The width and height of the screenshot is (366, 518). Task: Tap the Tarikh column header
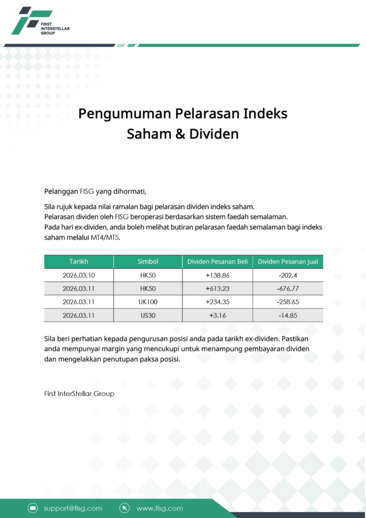[78, 262]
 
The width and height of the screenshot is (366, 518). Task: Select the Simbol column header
[148, 262]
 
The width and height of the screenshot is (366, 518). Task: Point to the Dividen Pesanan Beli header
[217, 262]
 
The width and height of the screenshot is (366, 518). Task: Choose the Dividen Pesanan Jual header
[288, 262]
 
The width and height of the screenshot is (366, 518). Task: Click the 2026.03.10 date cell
[78, 275]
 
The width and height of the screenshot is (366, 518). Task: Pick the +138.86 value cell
[217, 275]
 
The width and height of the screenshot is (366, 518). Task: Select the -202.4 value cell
[288, 275]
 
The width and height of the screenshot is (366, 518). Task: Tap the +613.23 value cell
[217, 288]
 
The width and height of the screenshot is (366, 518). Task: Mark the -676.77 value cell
[288, 288]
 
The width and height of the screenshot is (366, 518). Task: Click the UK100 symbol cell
[148, 302]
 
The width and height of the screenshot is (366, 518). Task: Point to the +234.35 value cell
[217, 302]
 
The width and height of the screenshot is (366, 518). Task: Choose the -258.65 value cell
[288, 302]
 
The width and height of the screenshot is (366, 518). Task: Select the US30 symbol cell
[148, 315]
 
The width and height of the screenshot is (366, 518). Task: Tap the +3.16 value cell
[217, 315]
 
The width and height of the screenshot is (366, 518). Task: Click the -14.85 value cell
[288, 315]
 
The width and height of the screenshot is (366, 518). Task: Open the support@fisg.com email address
[72, 508]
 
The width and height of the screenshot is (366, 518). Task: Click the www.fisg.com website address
[159, 508]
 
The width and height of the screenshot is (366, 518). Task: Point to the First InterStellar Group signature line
[79, 394]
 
